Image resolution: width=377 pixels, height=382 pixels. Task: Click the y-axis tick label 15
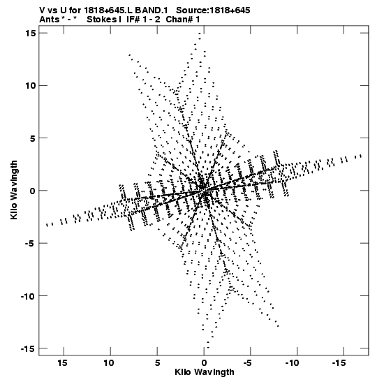point(30,33)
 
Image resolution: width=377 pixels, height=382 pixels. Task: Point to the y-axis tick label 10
point(30,85)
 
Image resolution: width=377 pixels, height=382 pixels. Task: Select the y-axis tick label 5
point(33,138)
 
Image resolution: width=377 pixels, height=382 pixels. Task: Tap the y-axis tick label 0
point(33,191)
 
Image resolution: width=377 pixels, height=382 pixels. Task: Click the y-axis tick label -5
point(30,243)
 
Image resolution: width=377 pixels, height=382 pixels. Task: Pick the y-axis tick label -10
point(28,296)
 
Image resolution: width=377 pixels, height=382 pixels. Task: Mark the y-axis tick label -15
point(28,348)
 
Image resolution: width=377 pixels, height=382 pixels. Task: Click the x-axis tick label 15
point(62,363)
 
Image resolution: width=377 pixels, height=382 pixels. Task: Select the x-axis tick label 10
point(109,363)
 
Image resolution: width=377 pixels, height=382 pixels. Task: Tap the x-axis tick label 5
point(157,363)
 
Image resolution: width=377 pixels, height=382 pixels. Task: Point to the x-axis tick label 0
point(204,363)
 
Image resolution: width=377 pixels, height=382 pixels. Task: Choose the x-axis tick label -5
point(249,363)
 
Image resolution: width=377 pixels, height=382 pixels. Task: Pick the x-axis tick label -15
point(339,363)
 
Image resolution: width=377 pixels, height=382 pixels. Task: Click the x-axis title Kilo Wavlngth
point(205,372)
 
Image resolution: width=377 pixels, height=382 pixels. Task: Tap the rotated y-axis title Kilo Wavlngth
point(14,190)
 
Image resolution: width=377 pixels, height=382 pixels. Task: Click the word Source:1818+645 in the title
point(213,10)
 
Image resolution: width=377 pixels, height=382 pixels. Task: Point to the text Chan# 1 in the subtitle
point(183,20)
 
